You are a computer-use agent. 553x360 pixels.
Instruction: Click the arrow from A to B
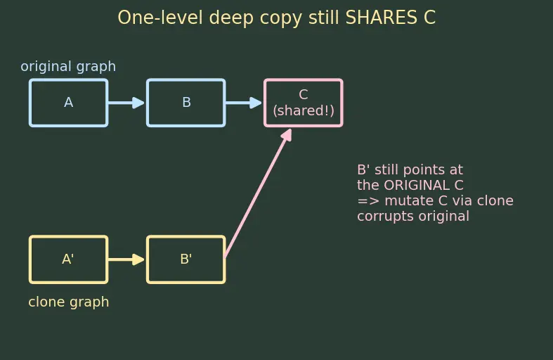click(126, 103)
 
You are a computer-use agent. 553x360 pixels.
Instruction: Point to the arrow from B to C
click(244, 103)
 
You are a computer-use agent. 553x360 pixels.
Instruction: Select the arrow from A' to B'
click(126, 259)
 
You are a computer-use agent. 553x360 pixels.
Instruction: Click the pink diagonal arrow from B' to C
click(259, 193)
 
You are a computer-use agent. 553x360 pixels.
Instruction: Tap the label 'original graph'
click(68, 66)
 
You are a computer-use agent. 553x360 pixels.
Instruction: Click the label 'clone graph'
click(68, 302)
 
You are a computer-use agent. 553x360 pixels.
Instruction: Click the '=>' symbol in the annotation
click(368, 201)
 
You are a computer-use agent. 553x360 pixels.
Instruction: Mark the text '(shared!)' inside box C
click(304, 110)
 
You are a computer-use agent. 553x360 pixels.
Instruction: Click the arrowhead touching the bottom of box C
click(287, 135)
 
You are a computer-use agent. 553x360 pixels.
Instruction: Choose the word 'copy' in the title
click(281, 18)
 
